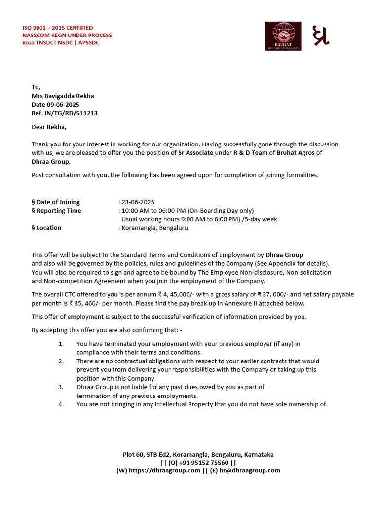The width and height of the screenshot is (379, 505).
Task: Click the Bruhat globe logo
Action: click(283, 36)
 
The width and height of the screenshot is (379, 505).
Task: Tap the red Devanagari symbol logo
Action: click(321, 36)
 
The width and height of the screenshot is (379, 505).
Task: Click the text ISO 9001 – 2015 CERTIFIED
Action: click(58, 28)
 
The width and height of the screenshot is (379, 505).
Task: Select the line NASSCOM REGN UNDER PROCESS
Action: click(67, 35)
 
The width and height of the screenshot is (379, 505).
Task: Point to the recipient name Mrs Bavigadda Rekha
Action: click(63, 96)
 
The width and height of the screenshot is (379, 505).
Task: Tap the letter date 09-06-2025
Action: click(63, 105)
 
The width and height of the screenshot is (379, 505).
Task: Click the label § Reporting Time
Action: click(56, 211)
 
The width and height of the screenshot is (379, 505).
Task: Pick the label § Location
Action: click(46, 228)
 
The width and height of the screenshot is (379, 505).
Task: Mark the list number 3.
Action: click(61, 387)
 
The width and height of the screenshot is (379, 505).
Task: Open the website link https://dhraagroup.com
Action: click(164, 470)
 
